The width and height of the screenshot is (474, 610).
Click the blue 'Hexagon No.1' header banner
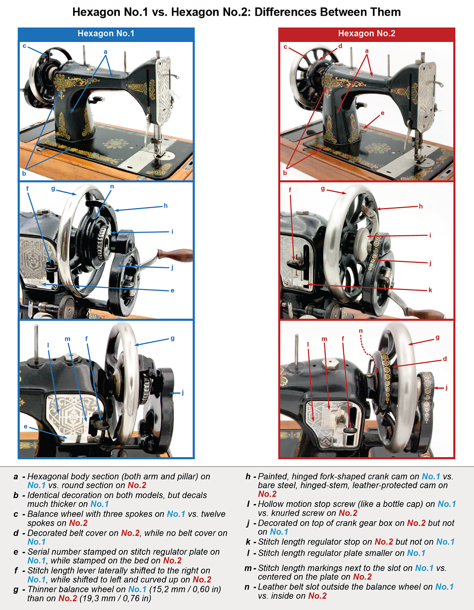[x=106, y=34]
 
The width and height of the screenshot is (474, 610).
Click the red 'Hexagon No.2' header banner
[x=366, y=34]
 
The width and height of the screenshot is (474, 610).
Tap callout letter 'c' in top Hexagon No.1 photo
[x=24, y=46]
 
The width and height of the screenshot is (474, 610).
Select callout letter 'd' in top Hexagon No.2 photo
[x=340, y=46]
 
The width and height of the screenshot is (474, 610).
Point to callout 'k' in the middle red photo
[x=430, y=290]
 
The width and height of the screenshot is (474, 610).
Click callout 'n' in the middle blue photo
[x=112, y=186]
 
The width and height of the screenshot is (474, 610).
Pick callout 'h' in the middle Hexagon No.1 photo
[x=165, y=206]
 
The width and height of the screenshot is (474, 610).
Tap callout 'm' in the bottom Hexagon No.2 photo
[x=324, y=339]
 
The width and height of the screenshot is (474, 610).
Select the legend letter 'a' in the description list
[x=16, y=476]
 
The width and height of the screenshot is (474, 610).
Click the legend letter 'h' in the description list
[x=248, y=476]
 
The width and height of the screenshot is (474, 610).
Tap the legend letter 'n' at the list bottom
[x=247, y=587]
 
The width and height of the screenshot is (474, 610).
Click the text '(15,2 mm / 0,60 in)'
[x=185, y=589]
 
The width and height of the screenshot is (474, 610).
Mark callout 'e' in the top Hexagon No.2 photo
[x=382, y=113]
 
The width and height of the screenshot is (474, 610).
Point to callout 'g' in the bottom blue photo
[x=172, y=338]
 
